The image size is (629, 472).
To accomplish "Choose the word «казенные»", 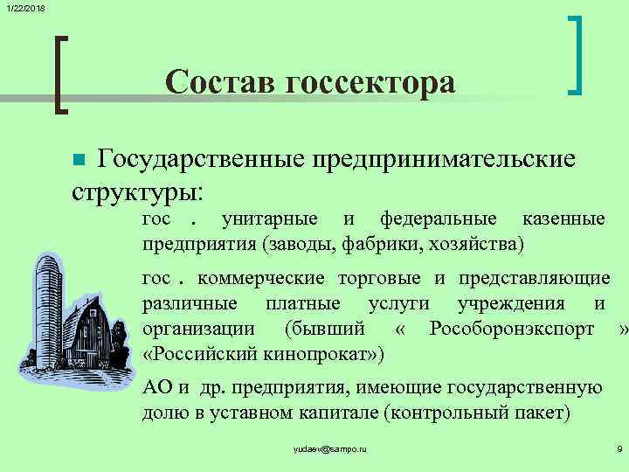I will (563, 219).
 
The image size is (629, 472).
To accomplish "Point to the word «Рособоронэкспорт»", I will (512, 330).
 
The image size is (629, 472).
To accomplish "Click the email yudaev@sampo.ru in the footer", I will (331, 448).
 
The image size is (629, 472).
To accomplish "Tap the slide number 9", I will (619, 448).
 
